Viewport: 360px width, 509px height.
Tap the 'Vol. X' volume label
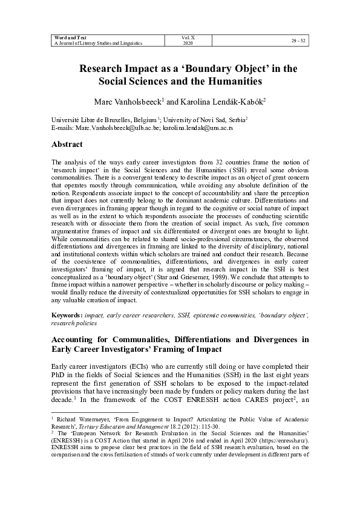tap(188, 37)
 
